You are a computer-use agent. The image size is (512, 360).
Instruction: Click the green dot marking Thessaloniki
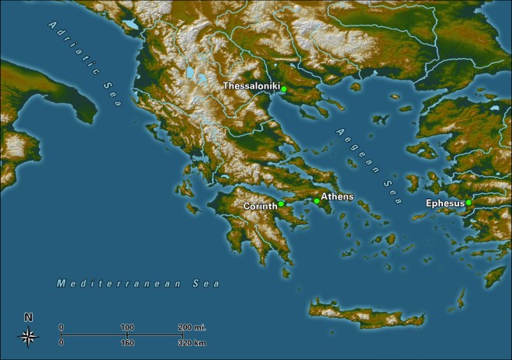pos(284,89)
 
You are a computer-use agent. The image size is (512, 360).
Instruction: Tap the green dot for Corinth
pos(281,204)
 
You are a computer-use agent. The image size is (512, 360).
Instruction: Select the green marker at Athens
pos(317,201)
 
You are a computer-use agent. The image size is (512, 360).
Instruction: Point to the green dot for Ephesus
pos(469,202)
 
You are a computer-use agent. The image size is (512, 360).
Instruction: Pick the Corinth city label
pos(260,206)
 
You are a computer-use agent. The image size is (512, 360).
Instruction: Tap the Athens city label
pos(337,197)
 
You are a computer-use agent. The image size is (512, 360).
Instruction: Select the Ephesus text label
pos(445,203)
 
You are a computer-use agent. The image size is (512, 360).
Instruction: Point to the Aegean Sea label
pos(365,162)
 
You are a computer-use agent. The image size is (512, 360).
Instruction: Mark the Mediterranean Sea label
pos(138,284)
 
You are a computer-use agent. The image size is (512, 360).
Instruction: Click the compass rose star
pos(29,336)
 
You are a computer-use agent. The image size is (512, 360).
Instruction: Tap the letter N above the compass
pos(29,317)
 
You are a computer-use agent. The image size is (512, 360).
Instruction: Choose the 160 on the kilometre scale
pos(127,341)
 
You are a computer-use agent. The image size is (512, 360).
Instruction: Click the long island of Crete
pos(365,314)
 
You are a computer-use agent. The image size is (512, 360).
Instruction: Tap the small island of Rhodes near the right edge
pos(494,275)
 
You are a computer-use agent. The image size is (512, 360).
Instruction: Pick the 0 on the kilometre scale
pos(61,341)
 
